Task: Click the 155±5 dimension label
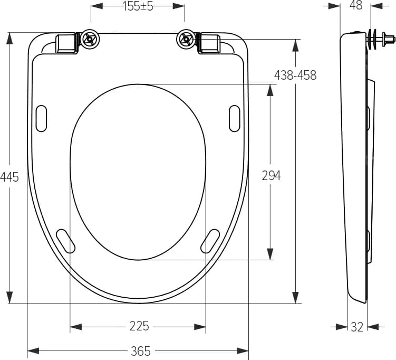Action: tap(138, 6)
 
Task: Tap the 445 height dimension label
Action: tap(9, 177)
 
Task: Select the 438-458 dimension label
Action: tap(295, 75)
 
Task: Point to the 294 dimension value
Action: tap(271, 175)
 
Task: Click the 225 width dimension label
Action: tap(139, 326)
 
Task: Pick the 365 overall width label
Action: tap(141, 350)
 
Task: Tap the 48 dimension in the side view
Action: tap(356, 5)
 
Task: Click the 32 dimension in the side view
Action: tap(357, 327)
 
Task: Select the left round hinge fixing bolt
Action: tap(90, 39)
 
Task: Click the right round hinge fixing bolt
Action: tap(186, 39)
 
